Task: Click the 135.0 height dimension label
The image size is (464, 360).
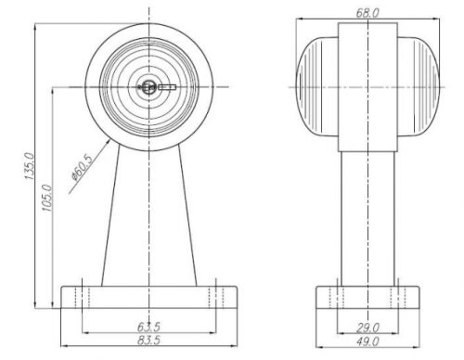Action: point(30,166)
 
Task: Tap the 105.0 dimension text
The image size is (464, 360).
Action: point(47,198)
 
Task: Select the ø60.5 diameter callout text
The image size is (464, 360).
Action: point(82,167)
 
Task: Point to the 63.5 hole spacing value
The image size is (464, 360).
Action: point(148,327)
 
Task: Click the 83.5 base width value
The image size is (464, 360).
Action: point(148,341)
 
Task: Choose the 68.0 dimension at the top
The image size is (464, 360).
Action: point(367,13)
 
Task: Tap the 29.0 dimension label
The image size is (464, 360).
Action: point(367,328)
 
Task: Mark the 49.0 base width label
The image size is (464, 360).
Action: point(367,341)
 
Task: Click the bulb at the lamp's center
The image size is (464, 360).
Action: point(148,87)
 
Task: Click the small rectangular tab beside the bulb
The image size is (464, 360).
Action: point(167,87)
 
